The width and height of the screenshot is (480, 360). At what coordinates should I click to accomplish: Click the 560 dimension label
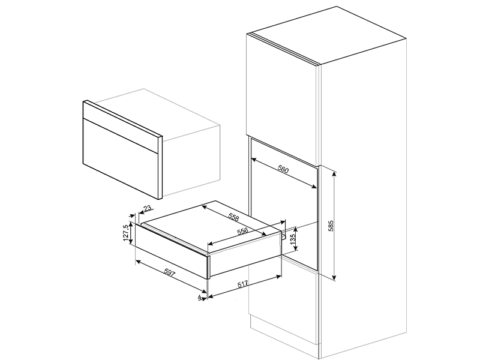click(283, 169)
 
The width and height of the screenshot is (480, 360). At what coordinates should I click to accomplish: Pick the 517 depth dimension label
click(244, 284)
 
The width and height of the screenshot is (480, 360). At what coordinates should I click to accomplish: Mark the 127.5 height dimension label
click(125, 233)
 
